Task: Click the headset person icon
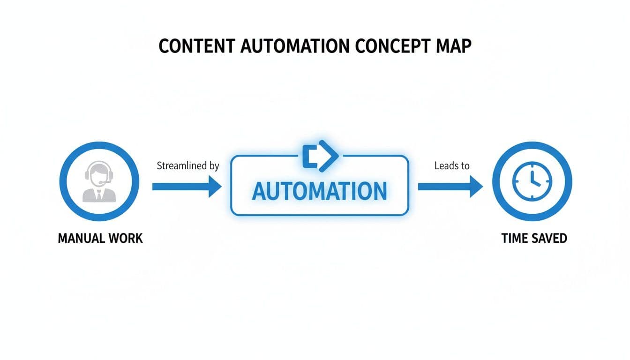[99, 182]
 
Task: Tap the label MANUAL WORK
[100, 238]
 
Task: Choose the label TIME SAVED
[534, 238]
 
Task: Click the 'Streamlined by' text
[188, 166]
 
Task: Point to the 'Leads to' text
[452, 165]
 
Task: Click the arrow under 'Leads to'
[450, 187]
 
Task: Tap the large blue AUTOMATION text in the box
[319, 191]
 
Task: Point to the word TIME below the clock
[514, 238]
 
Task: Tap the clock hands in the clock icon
[534, 180]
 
